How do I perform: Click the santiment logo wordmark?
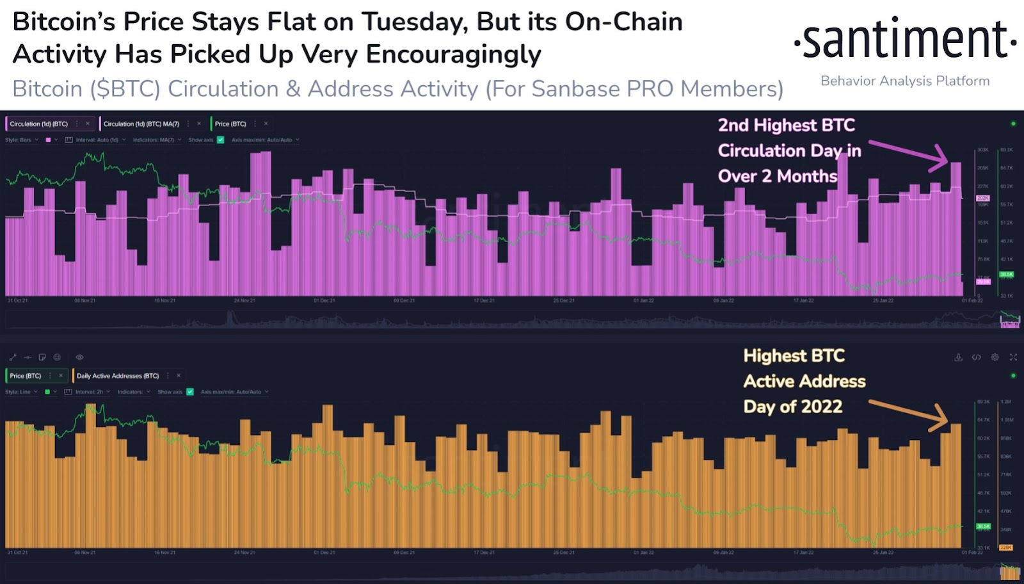(x=905, y=40)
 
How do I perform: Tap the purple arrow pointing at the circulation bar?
(x=908, y=154)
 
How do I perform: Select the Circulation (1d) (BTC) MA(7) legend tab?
(x=141, y=124)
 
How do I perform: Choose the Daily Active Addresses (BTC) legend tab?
(x=118, y=376)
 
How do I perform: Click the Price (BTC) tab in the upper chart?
(x=230, y=124)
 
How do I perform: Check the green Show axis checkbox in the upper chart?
(x=221, y=140)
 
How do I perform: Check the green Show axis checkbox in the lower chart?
(x=190, y=392)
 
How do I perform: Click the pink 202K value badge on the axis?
(x=982, y=199)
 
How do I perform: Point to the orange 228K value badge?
(x=1005, y=547)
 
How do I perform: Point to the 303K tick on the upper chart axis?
(x=983, y=150)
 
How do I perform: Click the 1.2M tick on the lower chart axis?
(x=1006, y=402)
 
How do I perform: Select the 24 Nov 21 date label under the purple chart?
(x=244, y=300)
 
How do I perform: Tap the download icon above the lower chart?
(x=958, y=357)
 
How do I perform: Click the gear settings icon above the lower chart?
(x=995, y=357)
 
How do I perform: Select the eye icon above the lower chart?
(x=79, y=357)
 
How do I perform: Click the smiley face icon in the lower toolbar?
(x=57, y=357)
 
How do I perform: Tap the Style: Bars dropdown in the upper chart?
(x=22, y=140)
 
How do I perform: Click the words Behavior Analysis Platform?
(x=905, y=81)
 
